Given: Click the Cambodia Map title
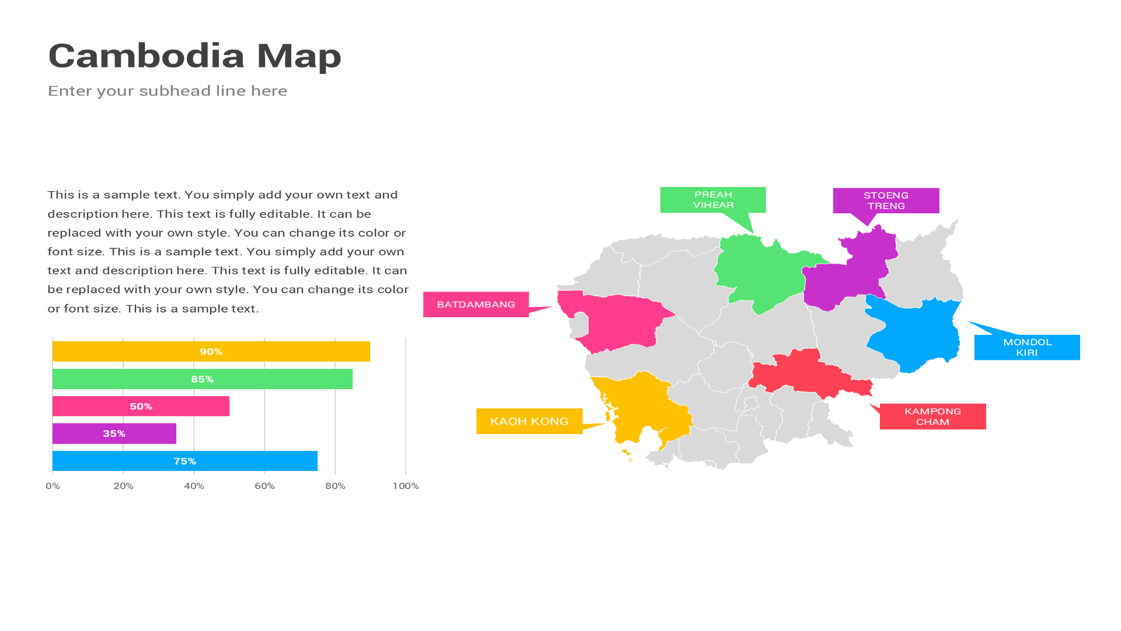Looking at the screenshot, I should [194, 56].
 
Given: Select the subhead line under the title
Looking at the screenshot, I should [168, 91].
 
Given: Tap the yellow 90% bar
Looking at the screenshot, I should [211, 352].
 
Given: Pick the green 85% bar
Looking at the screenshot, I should [202, 379].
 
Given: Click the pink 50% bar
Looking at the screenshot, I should [141, 407].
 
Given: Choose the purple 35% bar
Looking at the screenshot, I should [114, 434].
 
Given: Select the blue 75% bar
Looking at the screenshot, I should [184, 461].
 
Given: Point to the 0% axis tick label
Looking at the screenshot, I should [53, 486].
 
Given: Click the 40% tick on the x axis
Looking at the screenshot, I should [194, 486].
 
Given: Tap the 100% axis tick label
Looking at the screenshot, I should [405, 486].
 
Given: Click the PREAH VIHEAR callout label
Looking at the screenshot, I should [713, 200].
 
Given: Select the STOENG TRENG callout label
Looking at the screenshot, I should [886, 200].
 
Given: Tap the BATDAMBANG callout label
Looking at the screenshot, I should [476, 304].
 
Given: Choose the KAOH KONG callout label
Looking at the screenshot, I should [529, 421].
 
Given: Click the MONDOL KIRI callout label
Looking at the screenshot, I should [1027, 348].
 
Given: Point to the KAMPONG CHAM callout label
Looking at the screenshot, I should [932, 417].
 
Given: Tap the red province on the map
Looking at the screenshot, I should [806, 374].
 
